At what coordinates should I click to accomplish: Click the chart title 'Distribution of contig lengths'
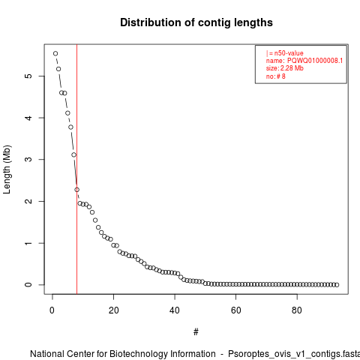[196, 22]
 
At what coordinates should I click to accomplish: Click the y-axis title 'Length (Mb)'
[7, 169]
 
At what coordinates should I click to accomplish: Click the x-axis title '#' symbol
[196, 332]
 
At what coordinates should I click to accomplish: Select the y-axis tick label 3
[28, 159]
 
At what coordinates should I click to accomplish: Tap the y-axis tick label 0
[28, 285]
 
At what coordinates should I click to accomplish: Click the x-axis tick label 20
[113, 310]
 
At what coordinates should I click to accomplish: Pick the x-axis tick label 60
[235, 310]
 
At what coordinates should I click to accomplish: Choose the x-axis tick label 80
[297, 310]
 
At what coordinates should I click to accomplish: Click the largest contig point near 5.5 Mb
[55, 53]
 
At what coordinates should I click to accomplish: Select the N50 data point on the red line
[76, 190]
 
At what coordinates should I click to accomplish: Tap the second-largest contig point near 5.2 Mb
[58, 69]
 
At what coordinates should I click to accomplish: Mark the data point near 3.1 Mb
[73, 155]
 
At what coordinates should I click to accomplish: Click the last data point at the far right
[337, 285]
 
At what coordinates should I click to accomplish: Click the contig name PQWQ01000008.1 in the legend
[315, 61]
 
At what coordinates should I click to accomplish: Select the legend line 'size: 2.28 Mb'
[285, 68]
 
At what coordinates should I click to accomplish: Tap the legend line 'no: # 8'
[276, 76]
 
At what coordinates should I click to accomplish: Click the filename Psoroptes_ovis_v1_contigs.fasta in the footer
[294, 354]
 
